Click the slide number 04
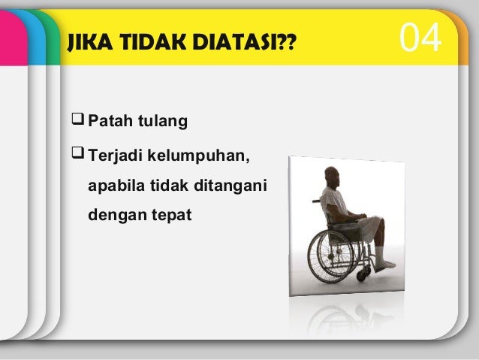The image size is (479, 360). pyautogui.click(x=420, y=39)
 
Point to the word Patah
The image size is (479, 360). pyautogui.click(x=110, y=121)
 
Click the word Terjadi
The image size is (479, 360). pyautogui.click(x=115, y=158)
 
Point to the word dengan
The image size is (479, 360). pyautogui.click(x=113, y=215)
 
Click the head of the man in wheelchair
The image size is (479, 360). pyautogui.click(x=333, y=178)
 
